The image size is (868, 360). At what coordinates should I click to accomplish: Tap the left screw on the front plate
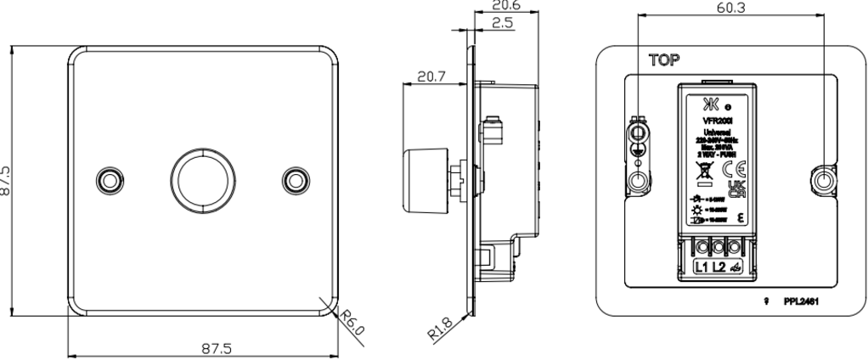point(108,179)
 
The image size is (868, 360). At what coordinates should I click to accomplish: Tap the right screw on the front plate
point(294,179)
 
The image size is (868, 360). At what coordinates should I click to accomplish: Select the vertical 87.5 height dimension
point(8,180)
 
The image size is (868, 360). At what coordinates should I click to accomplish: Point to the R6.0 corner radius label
point(351,323)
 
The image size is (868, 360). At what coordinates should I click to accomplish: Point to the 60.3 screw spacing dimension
point(731,7)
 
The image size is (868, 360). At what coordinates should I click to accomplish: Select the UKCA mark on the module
point(737,188)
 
